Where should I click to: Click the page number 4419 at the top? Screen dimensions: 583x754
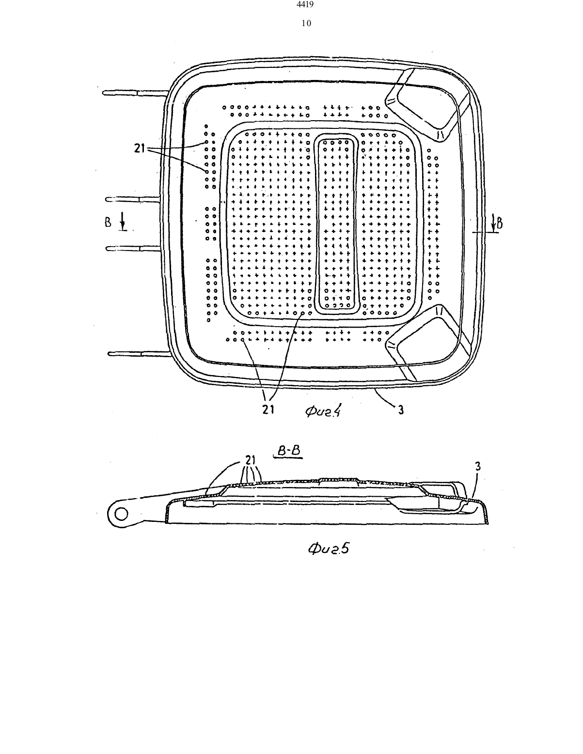click(306, 4)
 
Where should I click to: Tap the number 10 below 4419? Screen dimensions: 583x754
click(306, 23)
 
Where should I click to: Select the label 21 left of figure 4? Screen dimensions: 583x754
click(139, 148)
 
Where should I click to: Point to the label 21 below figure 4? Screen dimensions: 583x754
click(268, 409)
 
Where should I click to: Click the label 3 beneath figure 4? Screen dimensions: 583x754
click(401, 410)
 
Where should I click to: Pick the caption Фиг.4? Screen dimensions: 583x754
click(323, 411)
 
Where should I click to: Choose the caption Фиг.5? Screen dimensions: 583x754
click(328, 548)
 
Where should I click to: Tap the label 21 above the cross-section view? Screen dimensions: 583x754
click(250, 460)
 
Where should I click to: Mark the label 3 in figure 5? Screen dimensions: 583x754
click(478, 466)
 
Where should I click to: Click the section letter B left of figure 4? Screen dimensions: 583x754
click(108, 222)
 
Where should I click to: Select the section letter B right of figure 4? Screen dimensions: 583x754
click(499, 224)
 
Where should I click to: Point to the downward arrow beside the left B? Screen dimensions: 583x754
click(122, 222)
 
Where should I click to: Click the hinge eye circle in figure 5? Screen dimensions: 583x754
click(121, 514)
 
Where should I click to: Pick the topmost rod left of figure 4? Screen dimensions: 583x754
click(135, 93)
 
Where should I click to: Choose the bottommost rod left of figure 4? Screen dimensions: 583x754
click(139, 354)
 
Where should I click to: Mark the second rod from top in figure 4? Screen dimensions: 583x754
click(133, 199)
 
